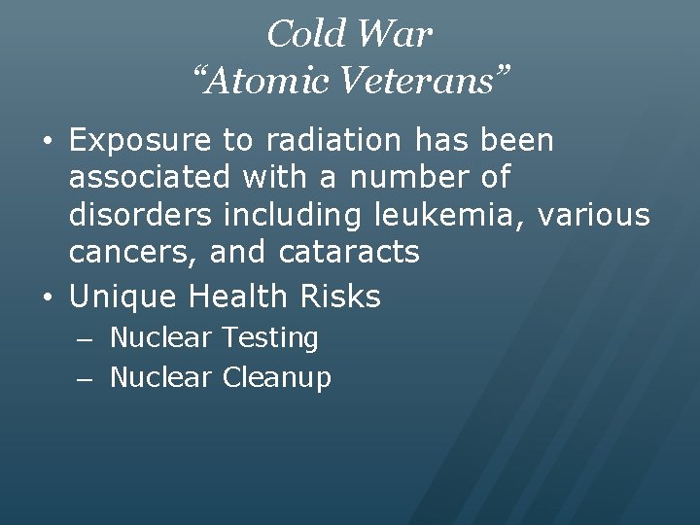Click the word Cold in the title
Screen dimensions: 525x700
pyautogui.click(x=305, y=35)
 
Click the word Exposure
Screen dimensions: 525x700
pyautogui.click(x=141, y=141)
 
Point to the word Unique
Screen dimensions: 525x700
pyautogui.click(x=124, y=296)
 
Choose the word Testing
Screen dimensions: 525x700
pyautogui.click(x=270, y=338)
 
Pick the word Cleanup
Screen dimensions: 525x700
pyautogui.click(x=277, y=376)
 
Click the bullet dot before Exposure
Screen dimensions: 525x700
pyautogui.click(x=48, y=142)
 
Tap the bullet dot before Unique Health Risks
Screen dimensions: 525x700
pyautogui.click(x=48, y=297)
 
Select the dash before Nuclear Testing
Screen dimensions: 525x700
pyautogui.click(x=87, y=339)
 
